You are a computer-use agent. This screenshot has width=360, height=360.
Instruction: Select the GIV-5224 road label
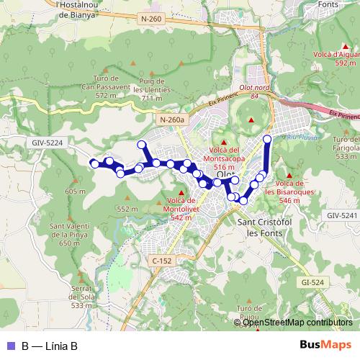(48, 143)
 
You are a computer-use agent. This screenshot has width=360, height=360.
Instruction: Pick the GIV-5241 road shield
(341, 215)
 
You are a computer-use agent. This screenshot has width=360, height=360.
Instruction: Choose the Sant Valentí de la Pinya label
(70, 235)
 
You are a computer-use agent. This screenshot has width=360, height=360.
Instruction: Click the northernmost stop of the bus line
(267, 138)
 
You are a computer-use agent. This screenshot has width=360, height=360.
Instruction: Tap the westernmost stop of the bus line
(94, 164)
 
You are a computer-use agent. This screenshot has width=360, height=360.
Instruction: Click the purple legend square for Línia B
(11, 346)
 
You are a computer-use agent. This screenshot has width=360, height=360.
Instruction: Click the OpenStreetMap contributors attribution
(297, 322)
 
